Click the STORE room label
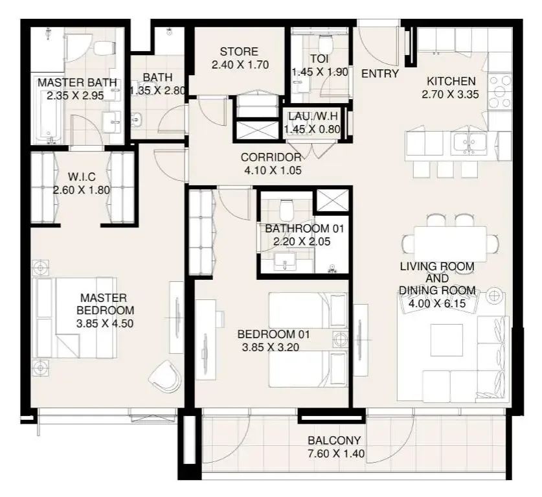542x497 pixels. [x=239, y=52]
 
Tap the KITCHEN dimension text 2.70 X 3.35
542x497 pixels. [x=451, y=95]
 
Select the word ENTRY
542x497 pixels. [x=380, y=74]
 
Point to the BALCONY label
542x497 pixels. [x=334, y=440]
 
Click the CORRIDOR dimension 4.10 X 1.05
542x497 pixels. [x=273, y=170]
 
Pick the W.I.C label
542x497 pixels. [x=82, y=177]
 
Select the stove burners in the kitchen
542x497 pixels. [x=500, y=91]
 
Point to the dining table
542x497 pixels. [x=450, y=244]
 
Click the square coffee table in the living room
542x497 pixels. [x=447, y=340]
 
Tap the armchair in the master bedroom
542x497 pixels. [x=166, y=376]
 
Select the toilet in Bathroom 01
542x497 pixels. [x=286, y=209]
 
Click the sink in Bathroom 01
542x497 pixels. [x=285, y=262]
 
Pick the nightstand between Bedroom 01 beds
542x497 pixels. [x=341, y=340]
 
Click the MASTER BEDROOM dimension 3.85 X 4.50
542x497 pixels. [x=105, y=324]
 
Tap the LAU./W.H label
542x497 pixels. [x=313, y=116]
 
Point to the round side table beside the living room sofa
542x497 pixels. [x=494, y=295]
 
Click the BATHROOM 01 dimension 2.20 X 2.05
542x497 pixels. [x=302, y=242]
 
